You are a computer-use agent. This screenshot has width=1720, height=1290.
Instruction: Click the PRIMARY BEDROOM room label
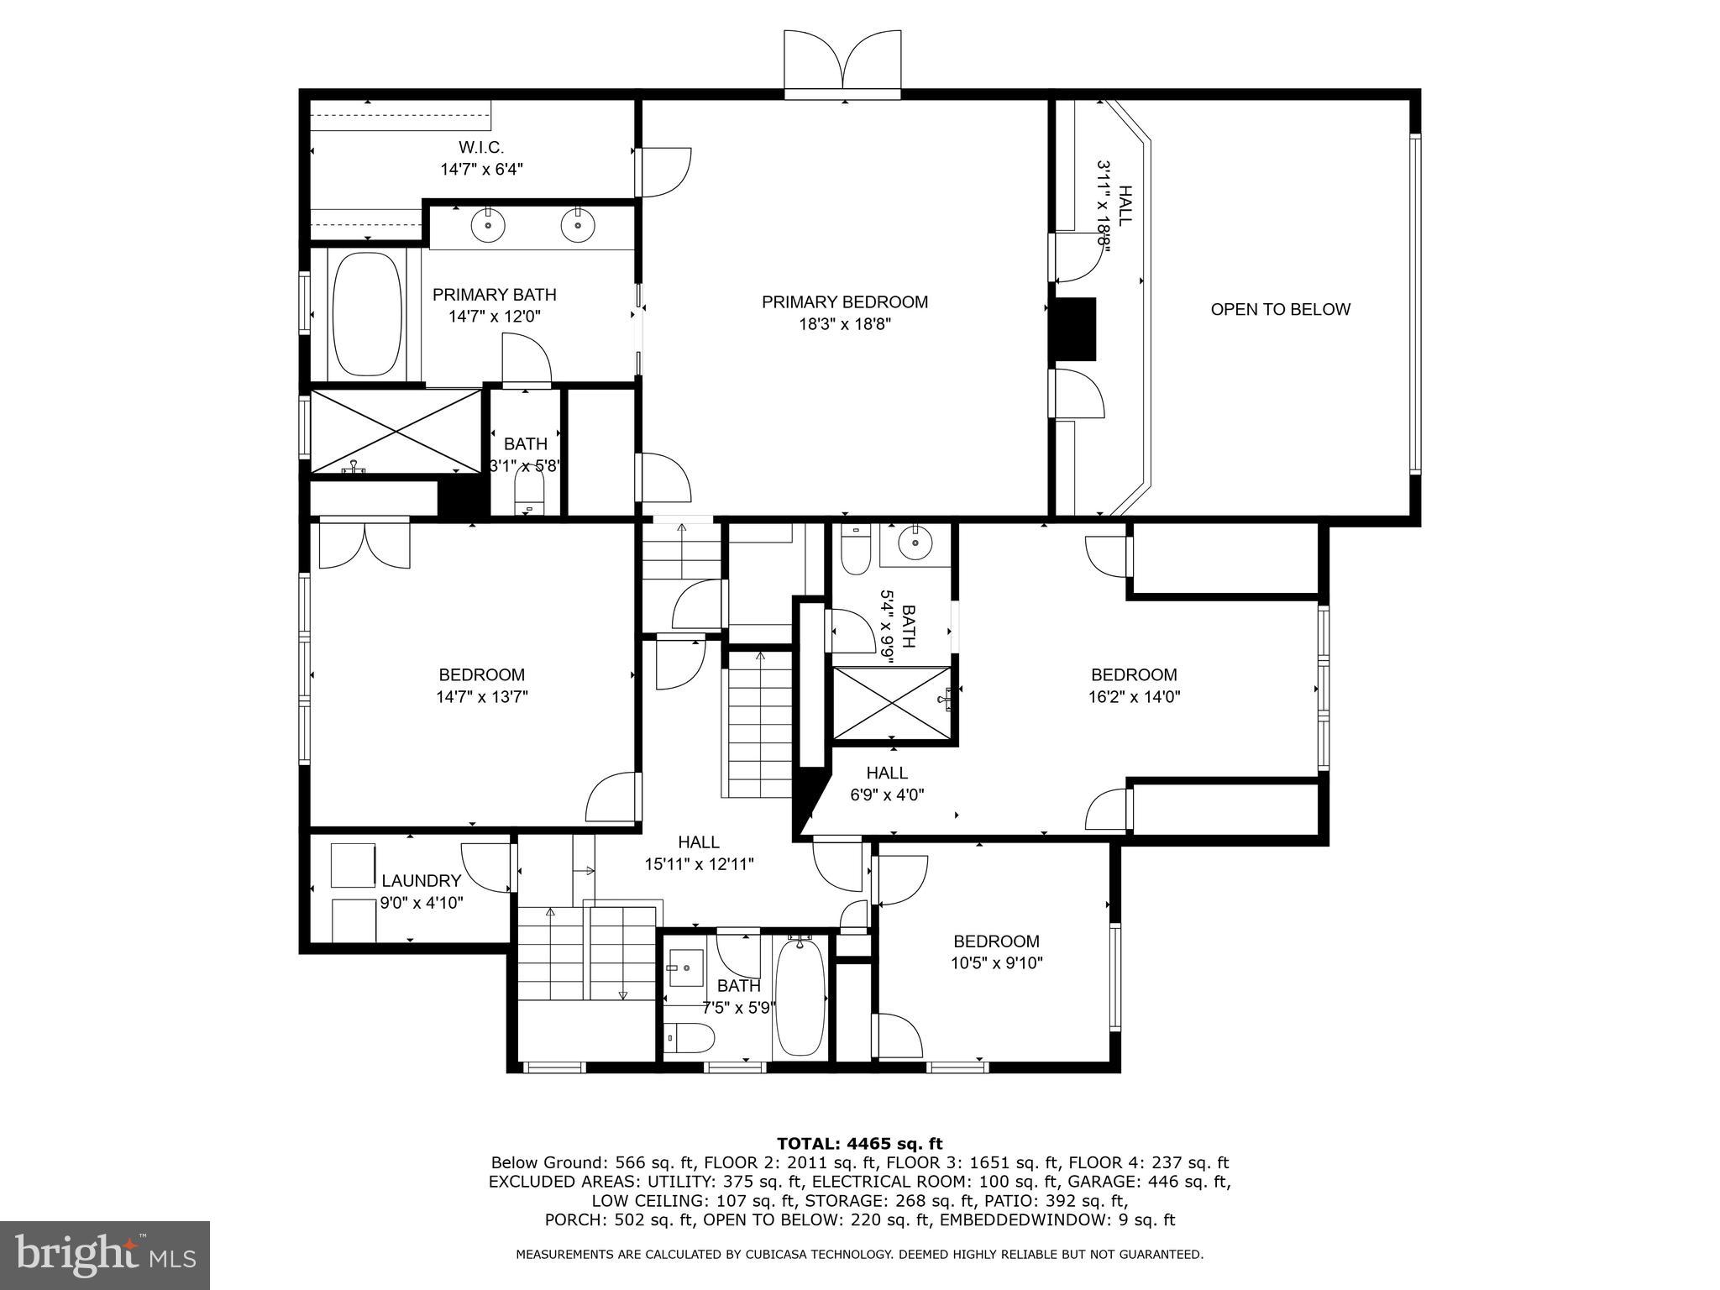(845, 302)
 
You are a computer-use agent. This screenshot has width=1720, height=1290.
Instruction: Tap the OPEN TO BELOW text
(1280, 309)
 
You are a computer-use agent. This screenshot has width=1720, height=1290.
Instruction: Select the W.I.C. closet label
(481, 148)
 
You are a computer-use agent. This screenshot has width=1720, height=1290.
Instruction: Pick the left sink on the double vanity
(488, 224)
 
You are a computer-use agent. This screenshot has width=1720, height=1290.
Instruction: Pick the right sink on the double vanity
(578, 224)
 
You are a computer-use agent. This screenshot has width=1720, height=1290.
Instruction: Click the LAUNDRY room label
(421, 881)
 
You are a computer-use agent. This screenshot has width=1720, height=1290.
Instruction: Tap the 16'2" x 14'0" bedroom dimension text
(1134, 696)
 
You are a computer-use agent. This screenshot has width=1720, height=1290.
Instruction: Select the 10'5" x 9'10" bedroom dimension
(996, 963)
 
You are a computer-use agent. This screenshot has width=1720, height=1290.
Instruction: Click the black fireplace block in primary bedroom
(1075, 328)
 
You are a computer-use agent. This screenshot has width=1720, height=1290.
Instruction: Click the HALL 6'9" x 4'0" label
(887, 783)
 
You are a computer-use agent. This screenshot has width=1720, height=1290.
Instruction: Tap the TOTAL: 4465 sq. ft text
(859, 1144)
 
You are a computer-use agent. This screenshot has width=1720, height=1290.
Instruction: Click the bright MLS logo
(105, 1255)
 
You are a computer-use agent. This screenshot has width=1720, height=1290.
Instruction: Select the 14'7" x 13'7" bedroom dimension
(481, 696)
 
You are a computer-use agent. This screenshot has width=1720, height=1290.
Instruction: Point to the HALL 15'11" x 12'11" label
(699, 852)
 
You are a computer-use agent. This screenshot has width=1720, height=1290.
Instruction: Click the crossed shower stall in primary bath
(396, 431)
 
